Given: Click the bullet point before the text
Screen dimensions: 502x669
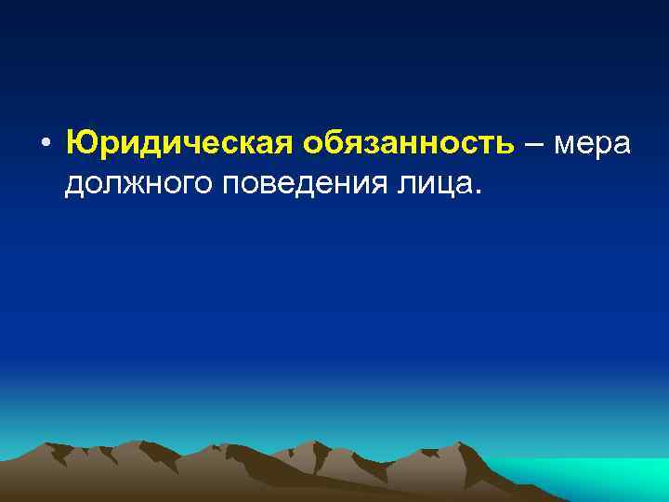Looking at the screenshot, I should click(x=45, y=146).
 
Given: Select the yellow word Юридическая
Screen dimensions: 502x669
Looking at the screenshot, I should click(x=179, y=144).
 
